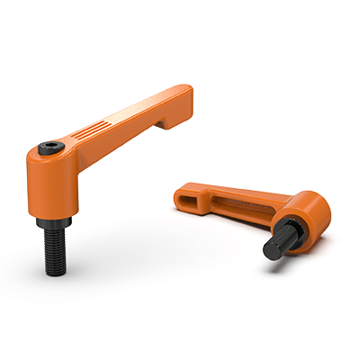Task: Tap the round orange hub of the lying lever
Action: (310, 211)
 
